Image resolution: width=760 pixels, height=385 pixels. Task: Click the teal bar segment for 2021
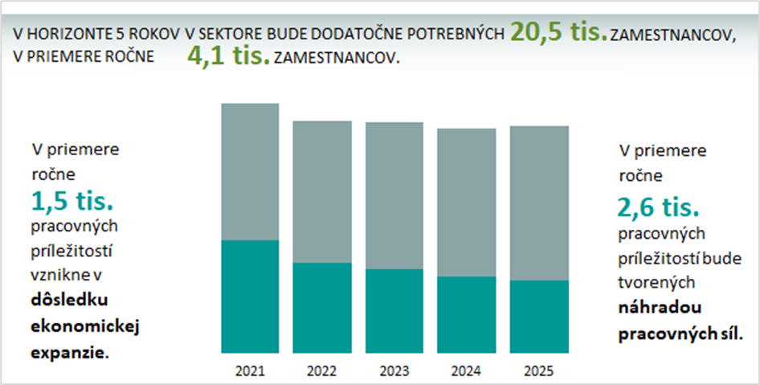[250, 297]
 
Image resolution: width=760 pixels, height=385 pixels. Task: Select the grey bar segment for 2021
[250, 172]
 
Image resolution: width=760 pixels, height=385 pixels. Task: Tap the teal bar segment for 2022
[321, 308]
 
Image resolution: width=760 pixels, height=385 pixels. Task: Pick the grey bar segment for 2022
[321, 192]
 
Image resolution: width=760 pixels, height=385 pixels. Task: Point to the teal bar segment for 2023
[394, 311]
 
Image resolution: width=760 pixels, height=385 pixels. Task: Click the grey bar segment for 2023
[394, 195]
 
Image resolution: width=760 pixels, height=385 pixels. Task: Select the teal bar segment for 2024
[466, 315]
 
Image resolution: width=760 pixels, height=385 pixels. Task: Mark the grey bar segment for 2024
[466, 203]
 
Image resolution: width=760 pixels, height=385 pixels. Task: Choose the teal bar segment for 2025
[539, 317]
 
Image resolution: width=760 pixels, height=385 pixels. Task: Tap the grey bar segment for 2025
[539, 203]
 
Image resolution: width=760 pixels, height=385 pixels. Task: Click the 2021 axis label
[250, 371]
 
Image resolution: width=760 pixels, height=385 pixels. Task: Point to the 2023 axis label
[394, 371]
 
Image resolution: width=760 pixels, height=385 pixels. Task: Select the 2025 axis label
[539, 371]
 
